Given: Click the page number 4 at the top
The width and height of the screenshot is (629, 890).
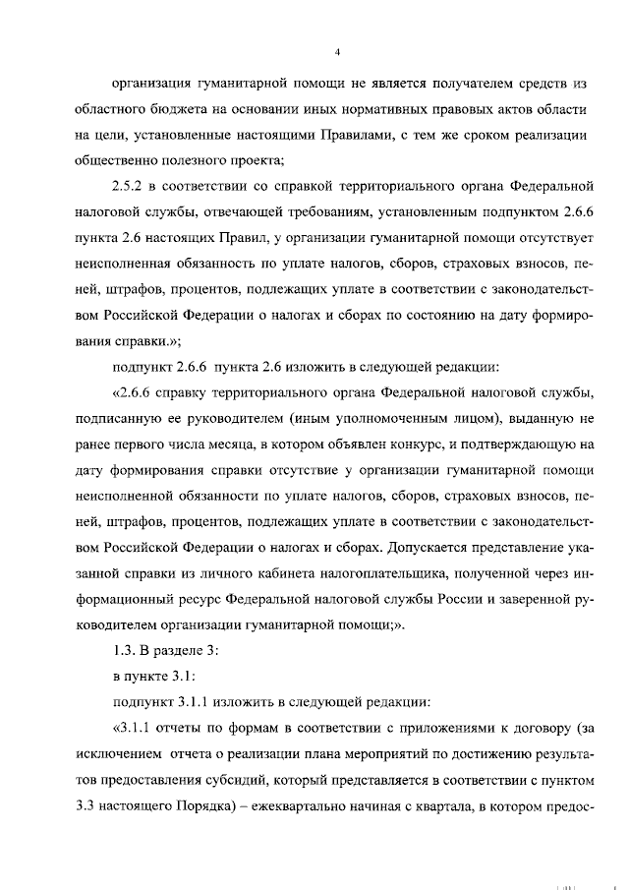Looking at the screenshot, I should (337, 51).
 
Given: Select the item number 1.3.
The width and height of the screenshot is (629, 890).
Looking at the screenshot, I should (128, 651).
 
